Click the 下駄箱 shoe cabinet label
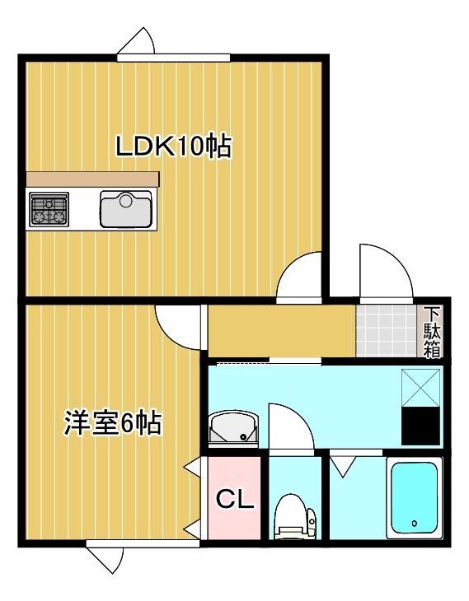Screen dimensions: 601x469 (432, 332)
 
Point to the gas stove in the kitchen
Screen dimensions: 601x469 (49, 210)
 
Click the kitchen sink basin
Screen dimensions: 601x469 (126, 209)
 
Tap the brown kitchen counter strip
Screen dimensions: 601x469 (91, 179)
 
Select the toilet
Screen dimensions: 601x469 (294, 517)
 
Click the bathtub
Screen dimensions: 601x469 (414, 498)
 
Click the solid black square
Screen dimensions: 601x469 (421, 426)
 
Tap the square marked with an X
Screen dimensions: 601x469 (421, 386)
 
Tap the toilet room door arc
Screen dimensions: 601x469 (290, 428)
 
